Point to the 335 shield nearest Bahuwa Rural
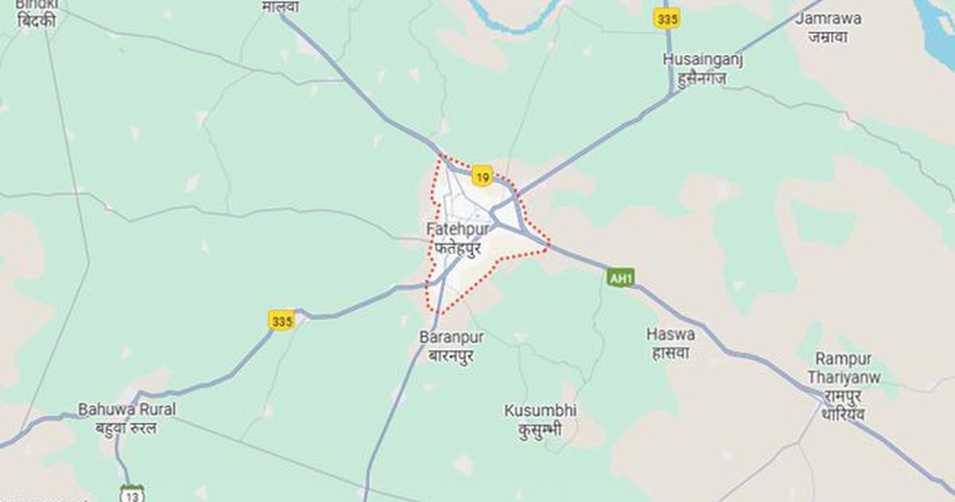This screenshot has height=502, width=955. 281,321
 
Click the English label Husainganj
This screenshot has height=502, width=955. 703,60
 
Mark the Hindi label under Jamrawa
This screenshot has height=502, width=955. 827,37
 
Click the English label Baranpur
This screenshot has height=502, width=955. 452,337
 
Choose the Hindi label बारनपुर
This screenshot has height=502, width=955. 451,355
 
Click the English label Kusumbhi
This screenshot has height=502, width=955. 541,411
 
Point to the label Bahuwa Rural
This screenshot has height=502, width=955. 127,410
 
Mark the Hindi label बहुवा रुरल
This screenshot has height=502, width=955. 121,428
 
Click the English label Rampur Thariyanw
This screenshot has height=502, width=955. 844,368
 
